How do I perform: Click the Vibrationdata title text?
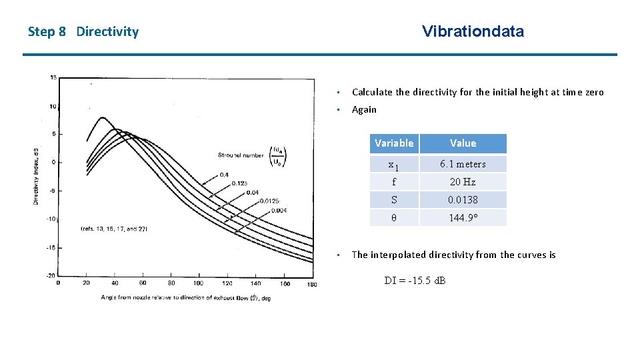[473, 31]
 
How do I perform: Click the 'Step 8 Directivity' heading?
[83, 32]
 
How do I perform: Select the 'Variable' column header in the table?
[394, 143]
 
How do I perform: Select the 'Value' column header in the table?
[463, 143]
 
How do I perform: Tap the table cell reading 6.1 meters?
[463, 164]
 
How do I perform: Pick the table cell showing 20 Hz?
[463, 182]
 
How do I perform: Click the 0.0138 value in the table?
[463, 199]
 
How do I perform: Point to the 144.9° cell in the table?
[463, 217]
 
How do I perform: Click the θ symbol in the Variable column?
[394, 217]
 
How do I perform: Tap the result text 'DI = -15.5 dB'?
[415, 280]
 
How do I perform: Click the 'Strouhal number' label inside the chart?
[240, 155]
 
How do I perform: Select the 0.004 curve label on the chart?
[279, 210]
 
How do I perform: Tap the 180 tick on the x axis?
[312, 283]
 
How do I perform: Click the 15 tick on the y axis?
[53, 77]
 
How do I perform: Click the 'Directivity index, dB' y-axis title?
[37, 176]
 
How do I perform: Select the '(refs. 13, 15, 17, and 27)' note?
[113, 229]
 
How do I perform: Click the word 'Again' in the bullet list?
[364, 110]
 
